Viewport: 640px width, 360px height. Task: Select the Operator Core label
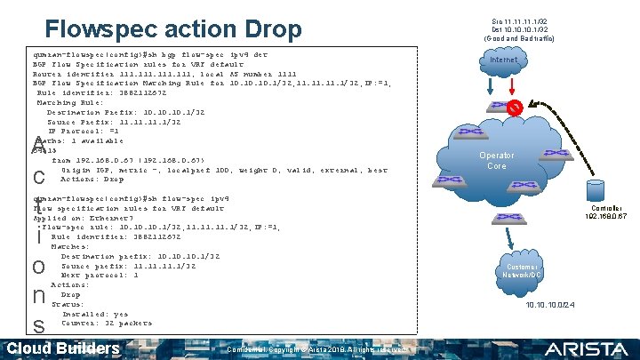coord(496,161)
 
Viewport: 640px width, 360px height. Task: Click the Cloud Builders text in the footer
coord(63,348)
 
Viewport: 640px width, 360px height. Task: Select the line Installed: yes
coord(95,314)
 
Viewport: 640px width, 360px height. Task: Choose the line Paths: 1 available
coord(80,140)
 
